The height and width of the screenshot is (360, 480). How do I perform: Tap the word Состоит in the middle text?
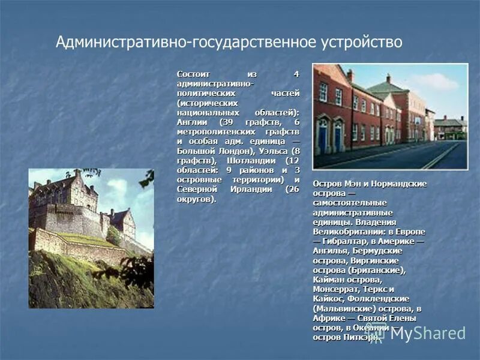[x=192, y=74]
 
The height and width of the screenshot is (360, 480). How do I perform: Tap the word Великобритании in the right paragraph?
[x=346, y=232]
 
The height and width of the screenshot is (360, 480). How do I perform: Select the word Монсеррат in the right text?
[x=335, y=289]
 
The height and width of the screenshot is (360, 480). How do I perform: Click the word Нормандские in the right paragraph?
[x=394, y=184]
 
